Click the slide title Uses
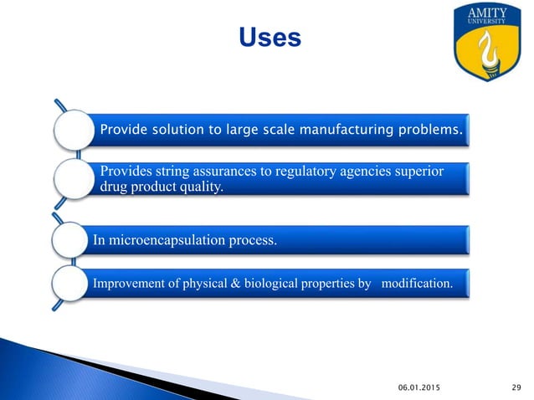[x=270, y=38]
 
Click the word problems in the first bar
[x=433, y=131]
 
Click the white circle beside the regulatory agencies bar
[x=74, y=179]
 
